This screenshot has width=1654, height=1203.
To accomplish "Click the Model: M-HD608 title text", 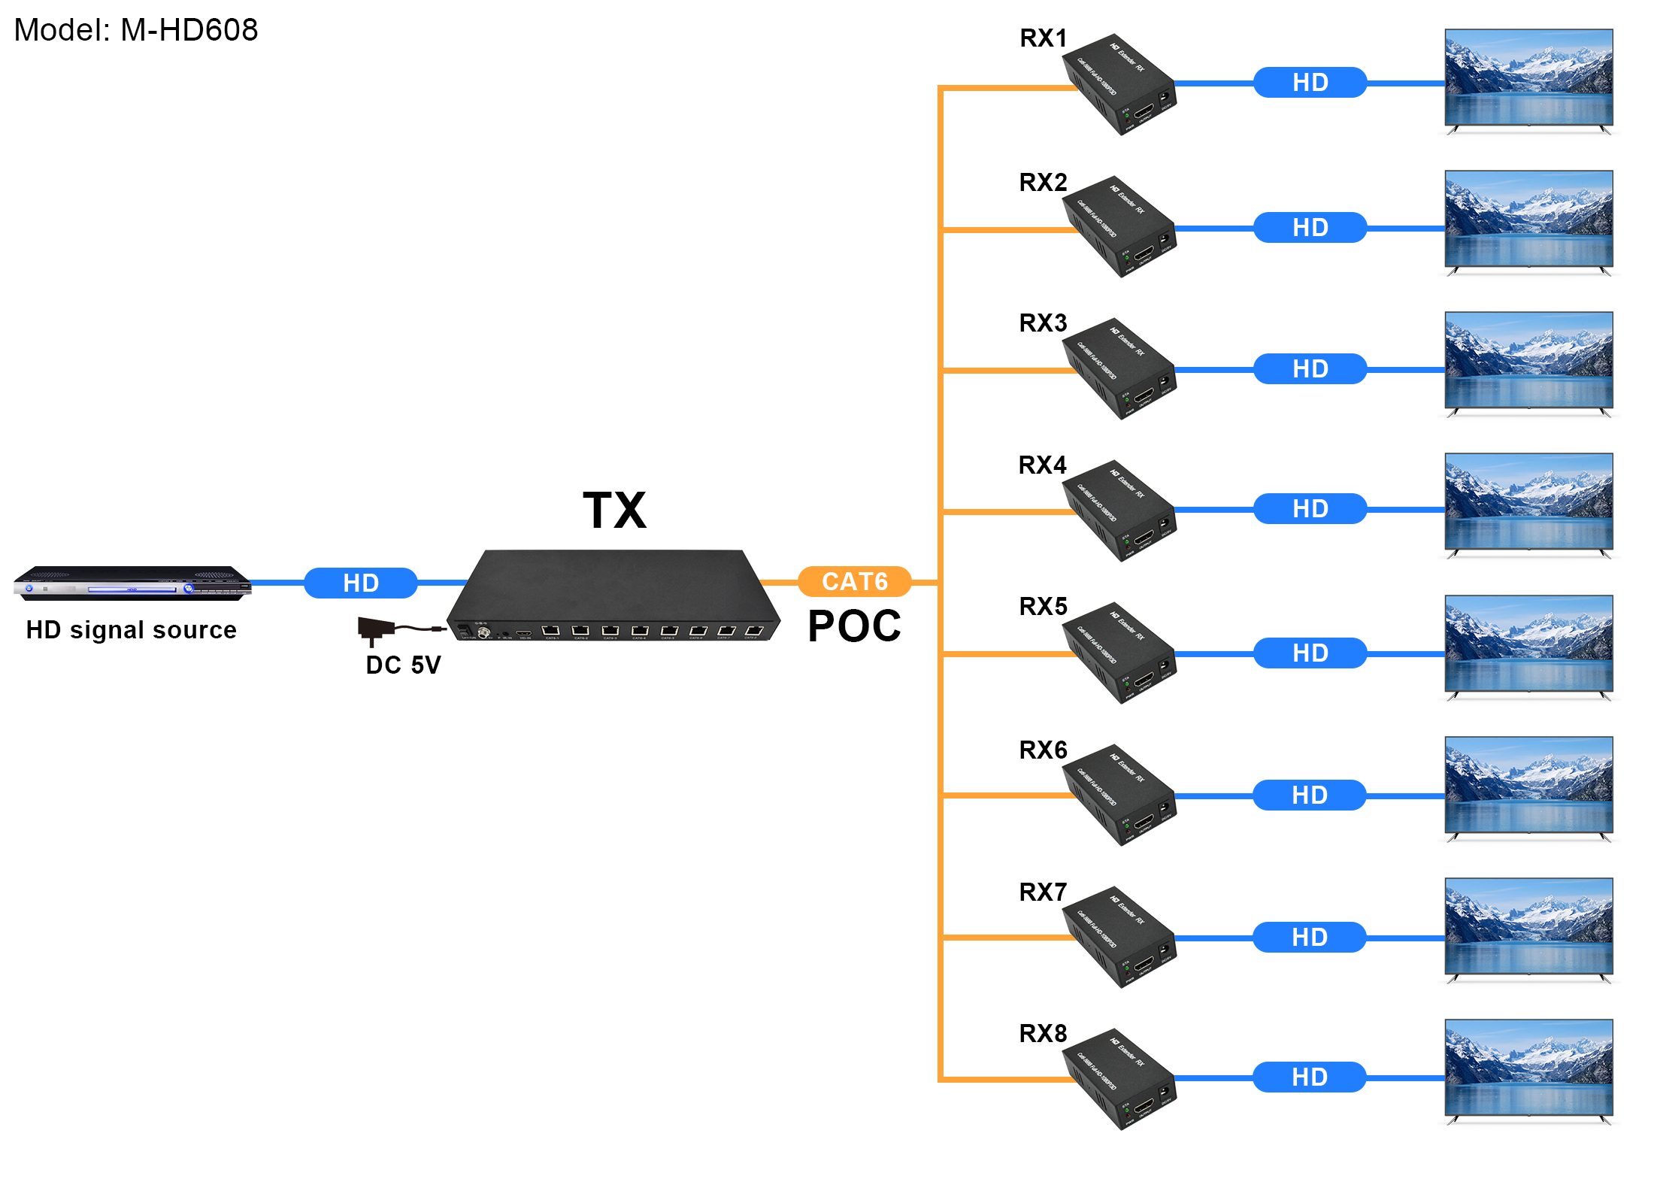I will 136,31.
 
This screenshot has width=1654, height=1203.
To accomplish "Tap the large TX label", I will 614,511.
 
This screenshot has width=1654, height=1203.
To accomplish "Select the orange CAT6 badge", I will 854,581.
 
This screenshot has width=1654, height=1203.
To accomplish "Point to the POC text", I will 854,626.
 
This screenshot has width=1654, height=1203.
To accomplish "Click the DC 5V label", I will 403,665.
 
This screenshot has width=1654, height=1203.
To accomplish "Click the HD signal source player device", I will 132,583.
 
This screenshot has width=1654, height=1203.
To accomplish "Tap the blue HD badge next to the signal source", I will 360,583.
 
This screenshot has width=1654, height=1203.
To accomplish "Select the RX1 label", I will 1043,38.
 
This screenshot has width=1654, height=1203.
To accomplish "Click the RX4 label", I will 1042,465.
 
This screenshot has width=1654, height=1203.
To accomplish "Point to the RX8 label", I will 1043,1034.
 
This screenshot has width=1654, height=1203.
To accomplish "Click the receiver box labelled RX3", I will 1119,368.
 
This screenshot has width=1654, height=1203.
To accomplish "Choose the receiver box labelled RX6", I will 1119,795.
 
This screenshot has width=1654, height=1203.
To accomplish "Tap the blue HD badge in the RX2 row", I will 1310,228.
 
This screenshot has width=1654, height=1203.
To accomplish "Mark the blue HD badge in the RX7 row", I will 1309,938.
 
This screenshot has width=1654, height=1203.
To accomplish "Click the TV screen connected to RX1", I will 1528,77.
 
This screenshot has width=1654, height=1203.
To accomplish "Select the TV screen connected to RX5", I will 1528,644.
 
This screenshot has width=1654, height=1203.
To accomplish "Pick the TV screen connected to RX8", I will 1528,1068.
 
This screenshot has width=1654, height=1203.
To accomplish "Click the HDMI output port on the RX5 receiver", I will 1144,680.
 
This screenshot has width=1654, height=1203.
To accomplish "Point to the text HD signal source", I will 132,630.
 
